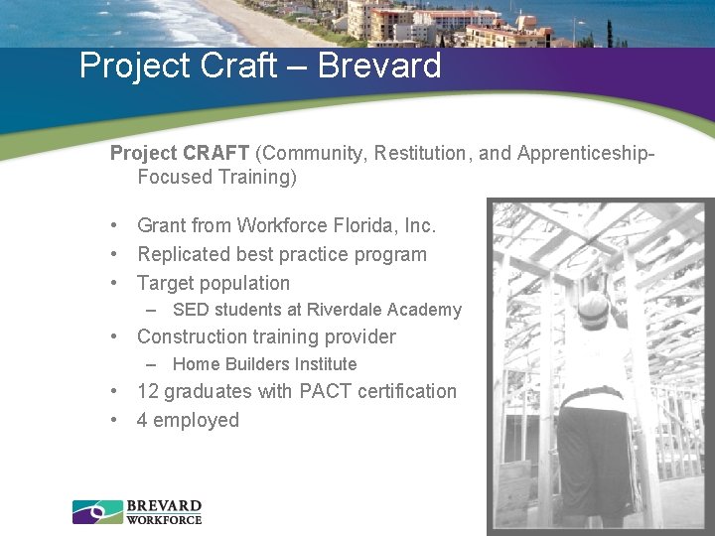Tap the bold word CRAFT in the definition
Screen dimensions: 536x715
coord(216,153)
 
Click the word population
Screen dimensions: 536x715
coord(241,283)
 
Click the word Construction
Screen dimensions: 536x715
coord(198,336)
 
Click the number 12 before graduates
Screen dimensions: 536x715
coord(147,391)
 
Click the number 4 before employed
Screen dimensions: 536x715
coord(142,420)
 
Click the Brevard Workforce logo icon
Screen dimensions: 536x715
coord(96,512)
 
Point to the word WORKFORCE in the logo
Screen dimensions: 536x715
coord(164,519)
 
